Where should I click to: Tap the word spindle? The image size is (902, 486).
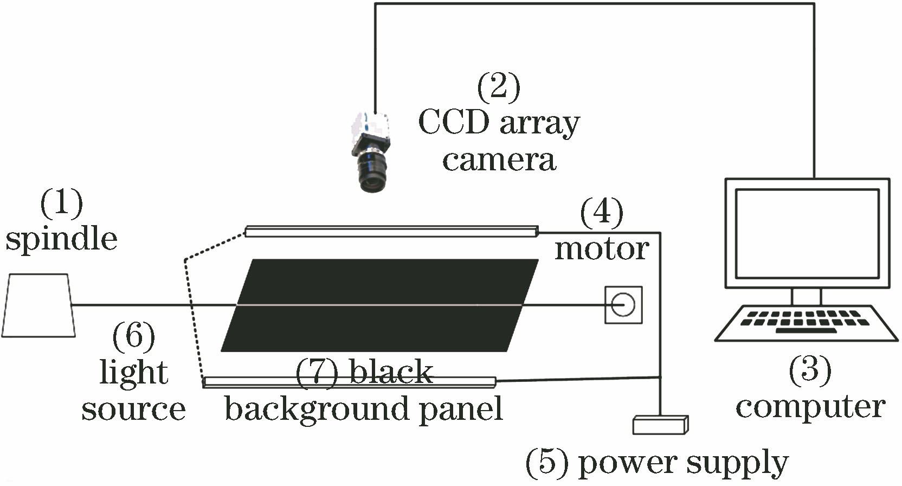tap(61, 239)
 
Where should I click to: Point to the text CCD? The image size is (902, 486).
tap(454, 123)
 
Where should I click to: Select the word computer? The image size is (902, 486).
tap(810, 407)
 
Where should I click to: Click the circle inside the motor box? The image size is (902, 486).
tap(623, 305)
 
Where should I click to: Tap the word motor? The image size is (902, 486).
tap(602, 249)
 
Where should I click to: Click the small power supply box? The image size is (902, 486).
tap(660, 425)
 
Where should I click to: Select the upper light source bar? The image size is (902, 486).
tap(391, 232)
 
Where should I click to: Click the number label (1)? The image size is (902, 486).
tap(61, 203)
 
